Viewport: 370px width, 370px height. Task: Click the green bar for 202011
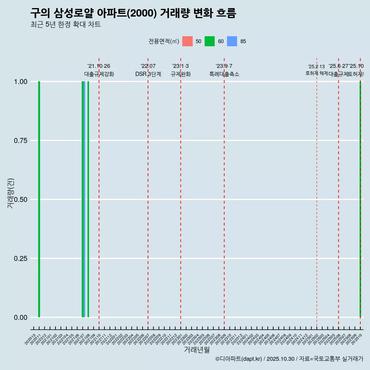tap(39, 199)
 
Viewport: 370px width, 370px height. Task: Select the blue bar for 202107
tap(84, 199)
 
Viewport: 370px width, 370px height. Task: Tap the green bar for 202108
tap(88, 199)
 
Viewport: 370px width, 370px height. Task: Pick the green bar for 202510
tap(360, 199)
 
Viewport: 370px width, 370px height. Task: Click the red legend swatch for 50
tap(187, 41)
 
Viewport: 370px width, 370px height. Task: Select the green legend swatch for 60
tap(210, 41)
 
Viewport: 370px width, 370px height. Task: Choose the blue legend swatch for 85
tap(232, 41)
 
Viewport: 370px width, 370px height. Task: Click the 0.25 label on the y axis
tap(20, 259)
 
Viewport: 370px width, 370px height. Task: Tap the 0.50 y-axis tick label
tap(20, 200)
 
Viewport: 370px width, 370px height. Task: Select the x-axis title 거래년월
tap(197, 350)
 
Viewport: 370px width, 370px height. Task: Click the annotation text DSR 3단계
tap(148, 74)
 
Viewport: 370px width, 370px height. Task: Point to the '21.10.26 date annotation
tap(99, 66)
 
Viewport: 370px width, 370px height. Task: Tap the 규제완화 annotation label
tap(181, 74)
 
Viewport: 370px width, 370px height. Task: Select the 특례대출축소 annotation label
tap(224, 74)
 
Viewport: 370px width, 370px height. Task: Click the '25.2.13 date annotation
tap(316, 67)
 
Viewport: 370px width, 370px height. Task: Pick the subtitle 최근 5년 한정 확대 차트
tap(66, 25)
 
